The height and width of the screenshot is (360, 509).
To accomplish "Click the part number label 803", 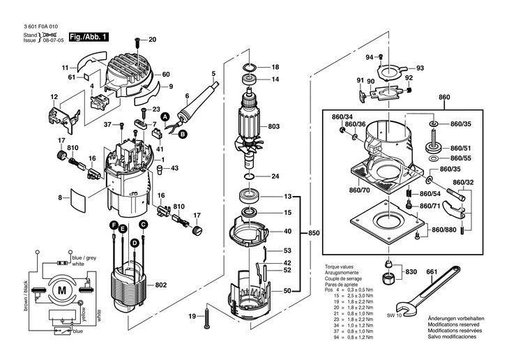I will (273, 126).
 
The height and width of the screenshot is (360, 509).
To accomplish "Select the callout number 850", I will (314, 232).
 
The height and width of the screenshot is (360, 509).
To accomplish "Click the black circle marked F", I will (112, 225).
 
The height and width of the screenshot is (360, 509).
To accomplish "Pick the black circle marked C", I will (142, 225).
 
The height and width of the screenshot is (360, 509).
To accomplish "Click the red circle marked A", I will (166, 119).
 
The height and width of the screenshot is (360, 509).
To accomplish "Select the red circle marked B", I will (183, 133).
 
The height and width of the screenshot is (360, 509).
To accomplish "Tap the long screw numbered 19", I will (207, 317).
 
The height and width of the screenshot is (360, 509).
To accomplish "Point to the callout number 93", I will (420, 68).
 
